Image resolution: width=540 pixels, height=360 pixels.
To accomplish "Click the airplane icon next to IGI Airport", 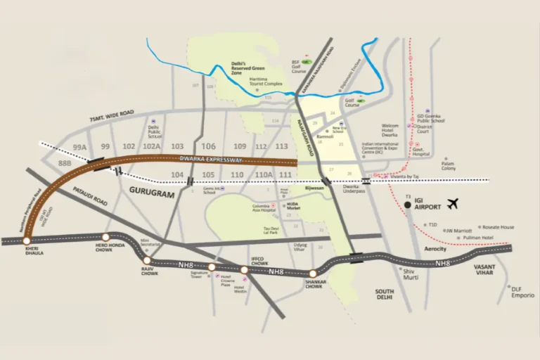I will click(452, 204).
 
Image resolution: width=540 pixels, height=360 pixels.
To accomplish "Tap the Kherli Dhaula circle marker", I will click(27, 240).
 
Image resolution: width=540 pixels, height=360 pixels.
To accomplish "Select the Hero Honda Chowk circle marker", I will click(105, 238).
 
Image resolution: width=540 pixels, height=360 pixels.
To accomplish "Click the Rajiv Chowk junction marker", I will click(147, 260).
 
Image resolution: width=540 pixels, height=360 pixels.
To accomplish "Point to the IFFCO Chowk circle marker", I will click(244, 269).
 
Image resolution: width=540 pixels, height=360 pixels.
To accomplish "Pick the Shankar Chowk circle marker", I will click(313, 274).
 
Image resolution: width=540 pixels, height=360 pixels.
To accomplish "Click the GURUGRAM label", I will click(150, 191).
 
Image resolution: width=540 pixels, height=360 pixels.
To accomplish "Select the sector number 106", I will click(208, 146).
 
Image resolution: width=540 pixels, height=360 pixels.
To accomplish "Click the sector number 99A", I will click(79, 146).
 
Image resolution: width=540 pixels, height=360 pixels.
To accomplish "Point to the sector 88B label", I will click(65, 162).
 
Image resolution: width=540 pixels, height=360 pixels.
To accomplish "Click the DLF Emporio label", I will click(522, 292).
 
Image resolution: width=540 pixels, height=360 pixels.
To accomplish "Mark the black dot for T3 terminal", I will click(407, 205).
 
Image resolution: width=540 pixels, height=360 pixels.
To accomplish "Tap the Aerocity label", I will click(435, 250).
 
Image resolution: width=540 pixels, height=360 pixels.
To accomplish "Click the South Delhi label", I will click(385, 294).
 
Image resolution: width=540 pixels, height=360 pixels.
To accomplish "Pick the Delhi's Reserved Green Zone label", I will click(247, 66).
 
